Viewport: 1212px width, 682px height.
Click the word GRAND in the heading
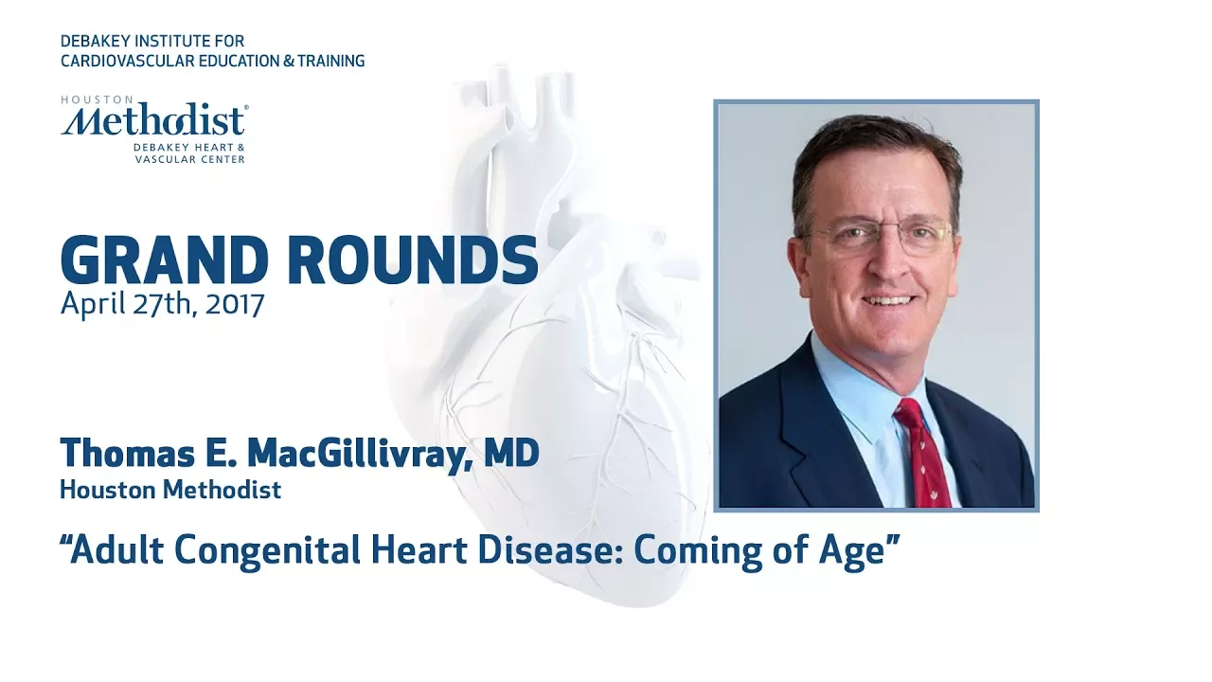click(165, 260)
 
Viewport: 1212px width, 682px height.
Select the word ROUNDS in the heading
click(413, 260)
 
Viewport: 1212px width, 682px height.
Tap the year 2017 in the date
click(235, 304)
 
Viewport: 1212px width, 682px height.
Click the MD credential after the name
click(511, 453)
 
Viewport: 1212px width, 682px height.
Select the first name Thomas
click(128, 453)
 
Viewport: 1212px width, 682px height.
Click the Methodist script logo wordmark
click(154, 120)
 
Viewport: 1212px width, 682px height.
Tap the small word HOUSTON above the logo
click(97, 99)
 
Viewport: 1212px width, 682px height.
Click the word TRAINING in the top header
click(331, 62)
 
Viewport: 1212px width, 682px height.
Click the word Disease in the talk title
click(550, 550)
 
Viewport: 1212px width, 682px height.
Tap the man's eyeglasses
click(880, 237)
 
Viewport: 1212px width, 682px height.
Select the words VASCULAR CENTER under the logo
click(190, 160)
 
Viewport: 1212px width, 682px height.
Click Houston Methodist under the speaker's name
click(170, 490)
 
